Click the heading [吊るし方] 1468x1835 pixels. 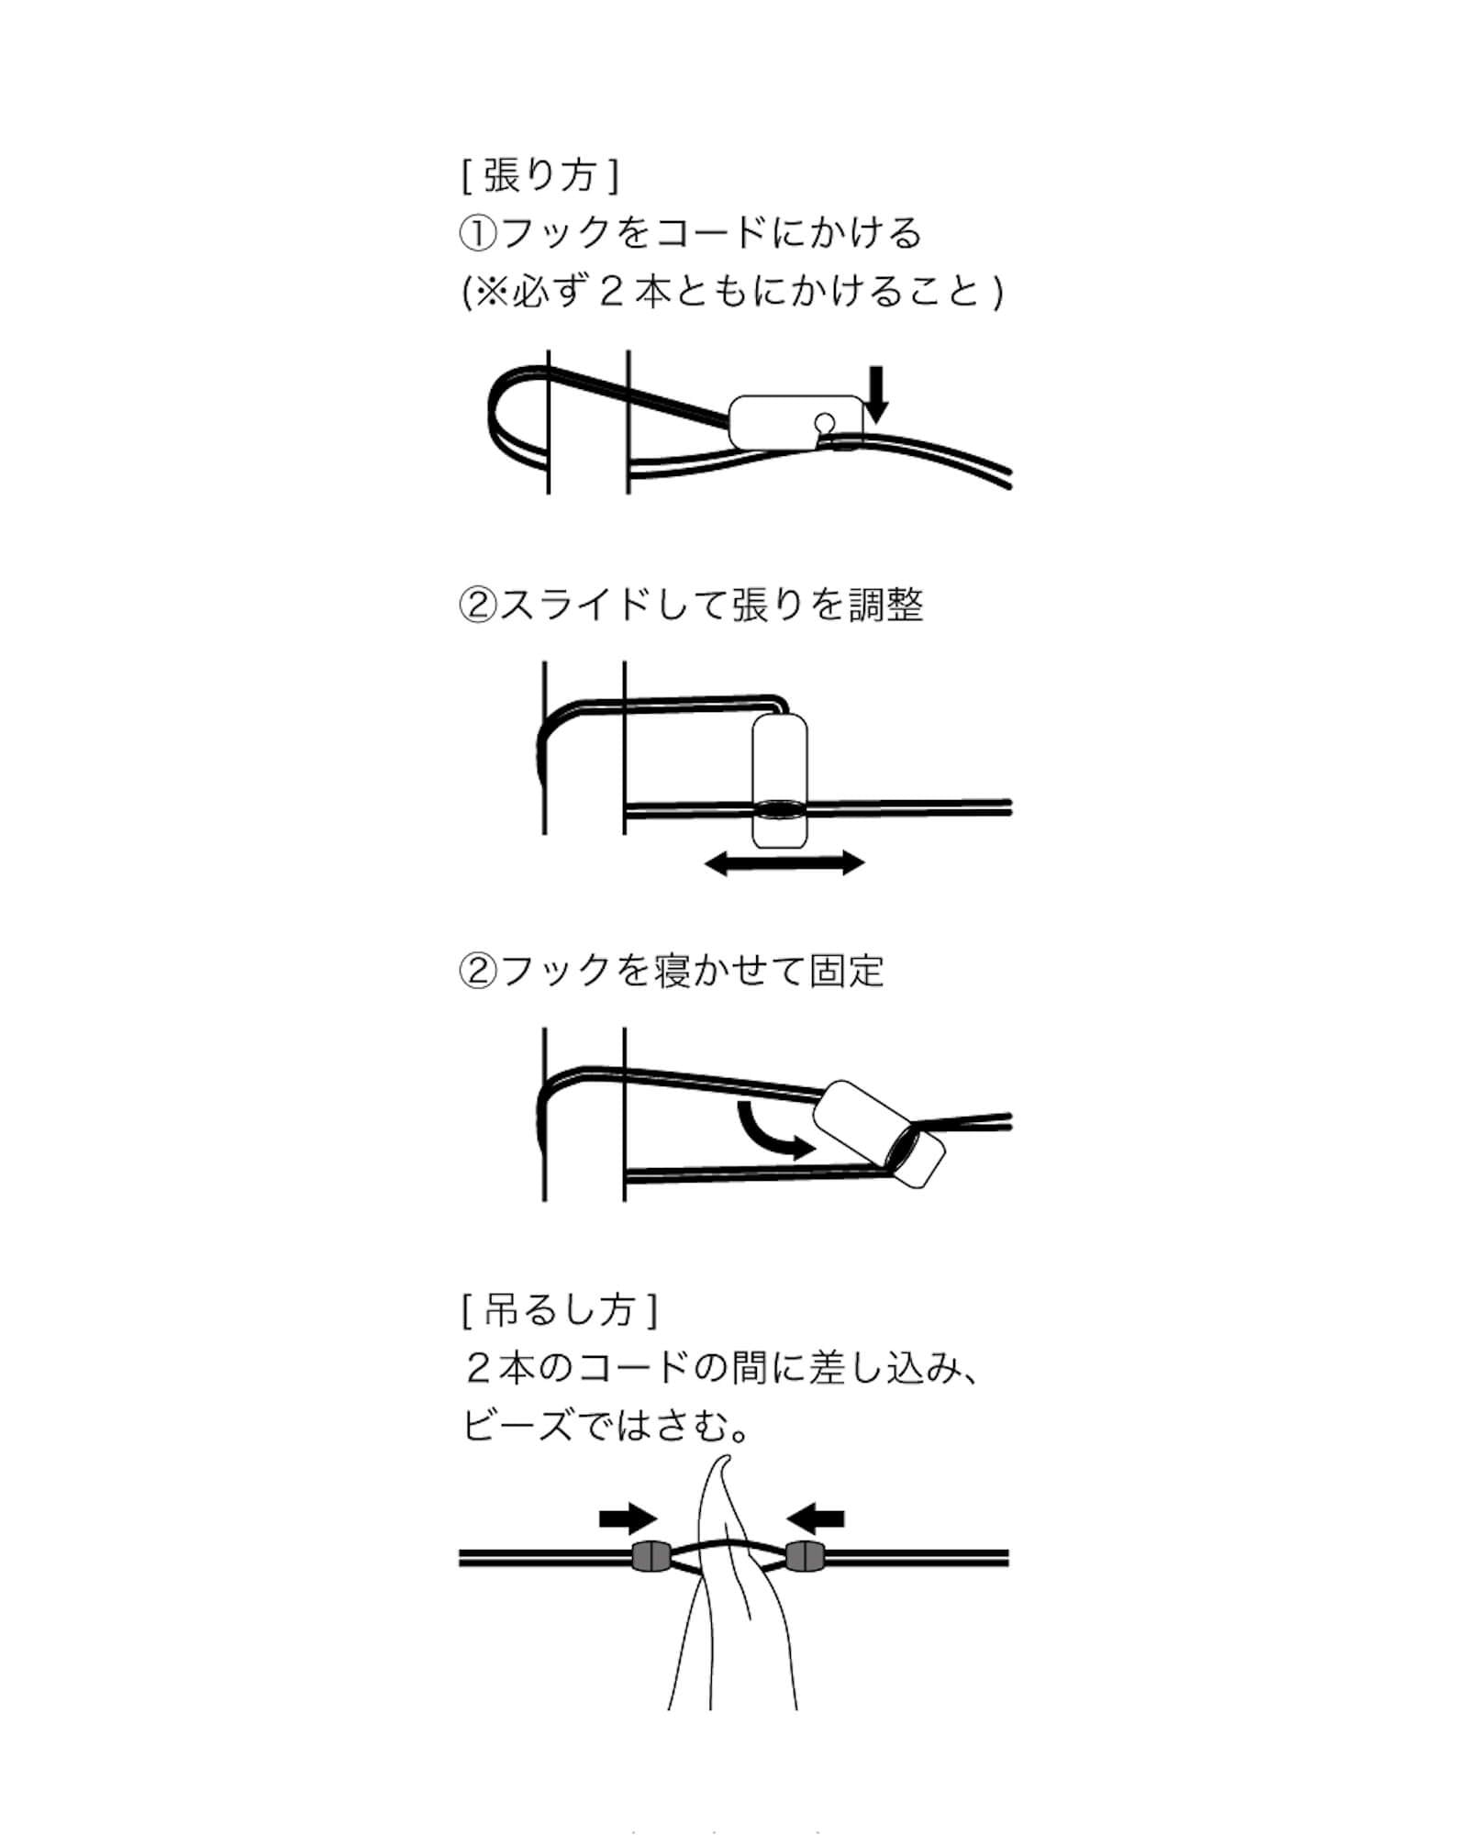(x=560, y=1309)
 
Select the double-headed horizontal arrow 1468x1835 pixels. (x=784, y=862)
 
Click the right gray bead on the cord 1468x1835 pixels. (x=806, y=1557)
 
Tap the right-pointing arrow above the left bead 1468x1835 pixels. (x=628, y=1519)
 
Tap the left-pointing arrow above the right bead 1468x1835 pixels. (x=817, y=1519)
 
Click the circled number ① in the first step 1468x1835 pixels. (x=478, y=233)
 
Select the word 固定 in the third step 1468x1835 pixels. (x=847, y=970)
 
